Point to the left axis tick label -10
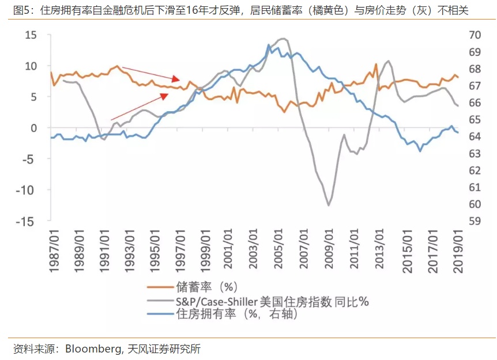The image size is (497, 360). pyautogui.click(x=27, y=190)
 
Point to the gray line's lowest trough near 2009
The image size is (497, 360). pyautogui.click(x=329, y=205)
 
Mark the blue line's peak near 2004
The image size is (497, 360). pyautogui.click(x=269, y=45)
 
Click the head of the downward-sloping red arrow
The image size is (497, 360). pyautogui.click(x=179, y=79)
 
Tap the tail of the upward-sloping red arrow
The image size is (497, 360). pyautogui.click(x=111, y=120)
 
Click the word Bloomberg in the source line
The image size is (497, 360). pyautogui.click(x=93, y=349)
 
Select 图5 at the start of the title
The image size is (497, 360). pyautogui.click(x=20, y=10)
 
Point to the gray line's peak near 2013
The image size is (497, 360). pyautogui.click(x=388, y=60)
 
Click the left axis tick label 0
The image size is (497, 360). pyautogui.click(x=33, y=128)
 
